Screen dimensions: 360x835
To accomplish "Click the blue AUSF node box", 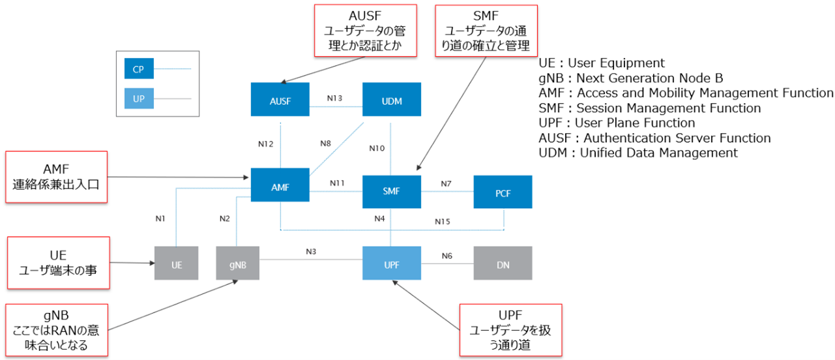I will coord(280,100).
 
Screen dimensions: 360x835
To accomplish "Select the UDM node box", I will coord(392,100).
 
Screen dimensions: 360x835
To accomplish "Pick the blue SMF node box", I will coord(391,191).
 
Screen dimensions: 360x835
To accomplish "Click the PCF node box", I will coord(503,192).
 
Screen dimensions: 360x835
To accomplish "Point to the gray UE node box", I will coord(176,263).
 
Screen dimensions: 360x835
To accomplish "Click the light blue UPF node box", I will coord(391,263).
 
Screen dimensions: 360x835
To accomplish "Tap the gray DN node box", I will coord(503,263).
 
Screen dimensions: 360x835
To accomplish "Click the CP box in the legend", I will coord(139,68).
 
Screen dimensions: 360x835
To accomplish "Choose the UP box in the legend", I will coord(139,99).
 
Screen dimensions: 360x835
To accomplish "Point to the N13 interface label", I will coord(334,98).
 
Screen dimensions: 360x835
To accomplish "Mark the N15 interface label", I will coord(443,222).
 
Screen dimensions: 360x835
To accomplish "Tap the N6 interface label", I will coord(447,256).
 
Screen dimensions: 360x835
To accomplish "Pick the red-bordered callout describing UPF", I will coord(510,330).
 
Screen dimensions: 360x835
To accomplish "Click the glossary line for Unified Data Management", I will coord(638,153).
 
